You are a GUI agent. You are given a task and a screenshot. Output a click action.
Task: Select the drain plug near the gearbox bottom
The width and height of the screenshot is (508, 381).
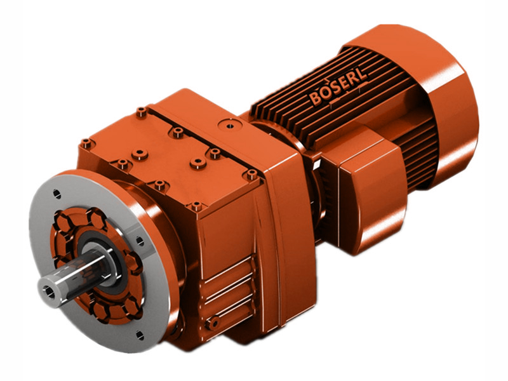click(215, 324)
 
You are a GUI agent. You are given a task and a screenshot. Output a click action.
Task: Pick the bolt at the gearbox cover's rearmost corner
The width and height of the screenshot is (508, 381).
click(140, 112)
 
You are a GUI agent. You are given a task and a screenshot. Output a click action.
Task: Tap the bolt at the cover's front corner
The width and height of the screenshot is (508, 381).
click(196, 206)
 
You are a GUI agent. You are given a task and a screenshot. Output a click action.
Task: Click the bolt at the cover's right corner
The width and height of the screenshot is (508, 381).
click(251, 173)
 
